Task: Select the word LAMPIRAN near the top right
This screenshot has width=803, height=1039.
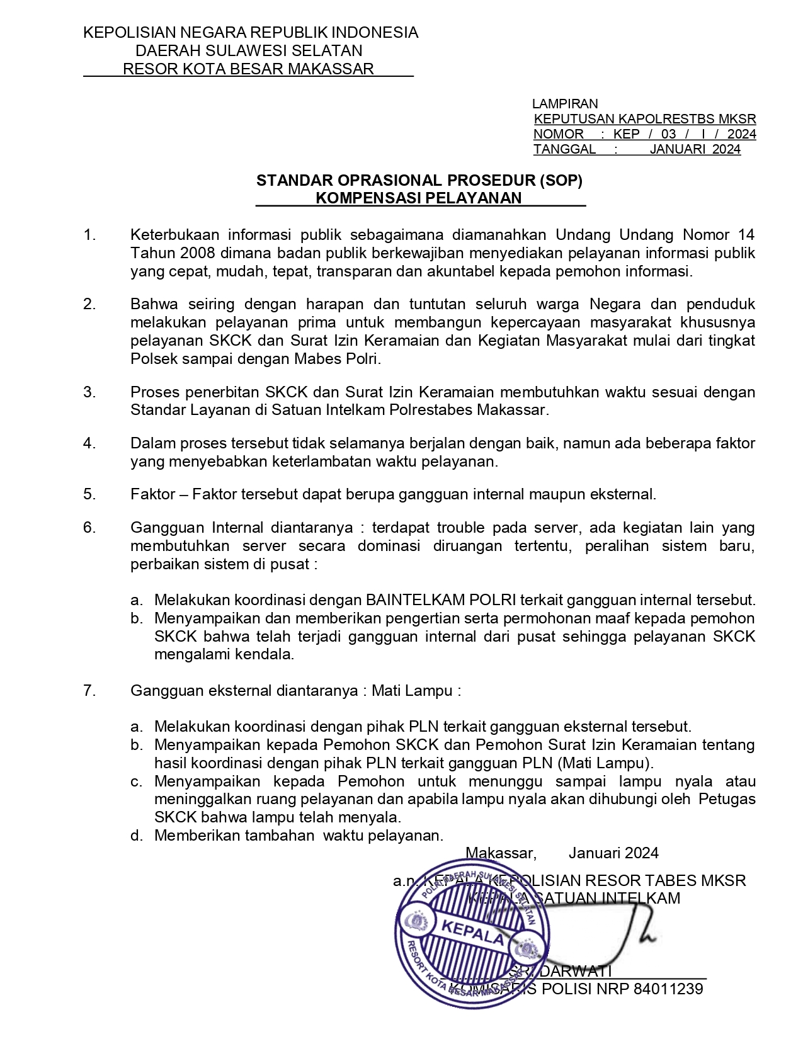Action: tap(565, 103)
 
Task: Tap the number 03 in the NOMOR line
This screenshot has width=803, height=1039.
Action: tap(669, 134)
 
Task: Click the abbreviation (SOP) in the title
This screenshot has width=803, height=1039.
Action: tap(561, 181)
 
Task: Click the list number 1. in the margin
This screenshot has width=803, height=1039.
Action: tap(89, 235)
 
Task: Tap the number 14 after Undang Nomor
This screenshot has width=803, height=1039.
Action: tap(746, 235)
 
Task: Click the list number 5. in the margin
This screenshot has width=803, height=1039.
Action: tap(89, 494)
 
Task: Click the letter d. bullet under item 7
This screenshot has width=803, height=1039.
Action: tap(136, 836)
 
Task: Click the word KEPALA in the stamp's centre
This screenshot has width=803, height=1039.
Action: tap(472, 931)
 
